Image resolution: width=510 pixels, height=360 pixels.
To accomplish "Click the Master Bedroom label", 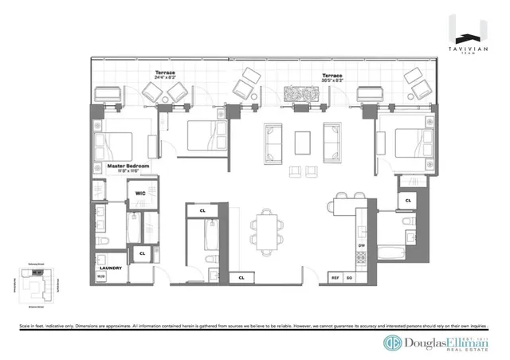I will click(127, 166).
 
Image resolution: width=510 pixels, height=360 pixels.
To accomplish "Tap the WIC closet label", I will click(139, 192).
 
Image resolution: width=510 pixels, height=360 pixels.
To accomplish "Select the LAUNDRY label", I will click(111, 268).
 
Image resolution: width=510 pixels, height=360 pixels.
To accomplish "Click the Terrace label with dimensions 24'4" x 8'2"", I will click(166, 74).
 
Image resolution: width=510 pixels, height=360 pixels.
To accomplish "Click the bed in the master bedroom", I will click(116, 144).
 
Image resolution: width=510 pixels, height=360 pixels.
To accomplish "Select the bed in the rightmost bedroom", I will click(412, 143).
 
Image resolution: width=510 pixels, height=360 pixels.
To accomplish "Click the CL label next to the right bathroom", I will click(408, 201).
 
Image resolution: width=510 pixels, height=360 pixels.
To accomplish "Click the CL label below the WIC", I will click(142, 253).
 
